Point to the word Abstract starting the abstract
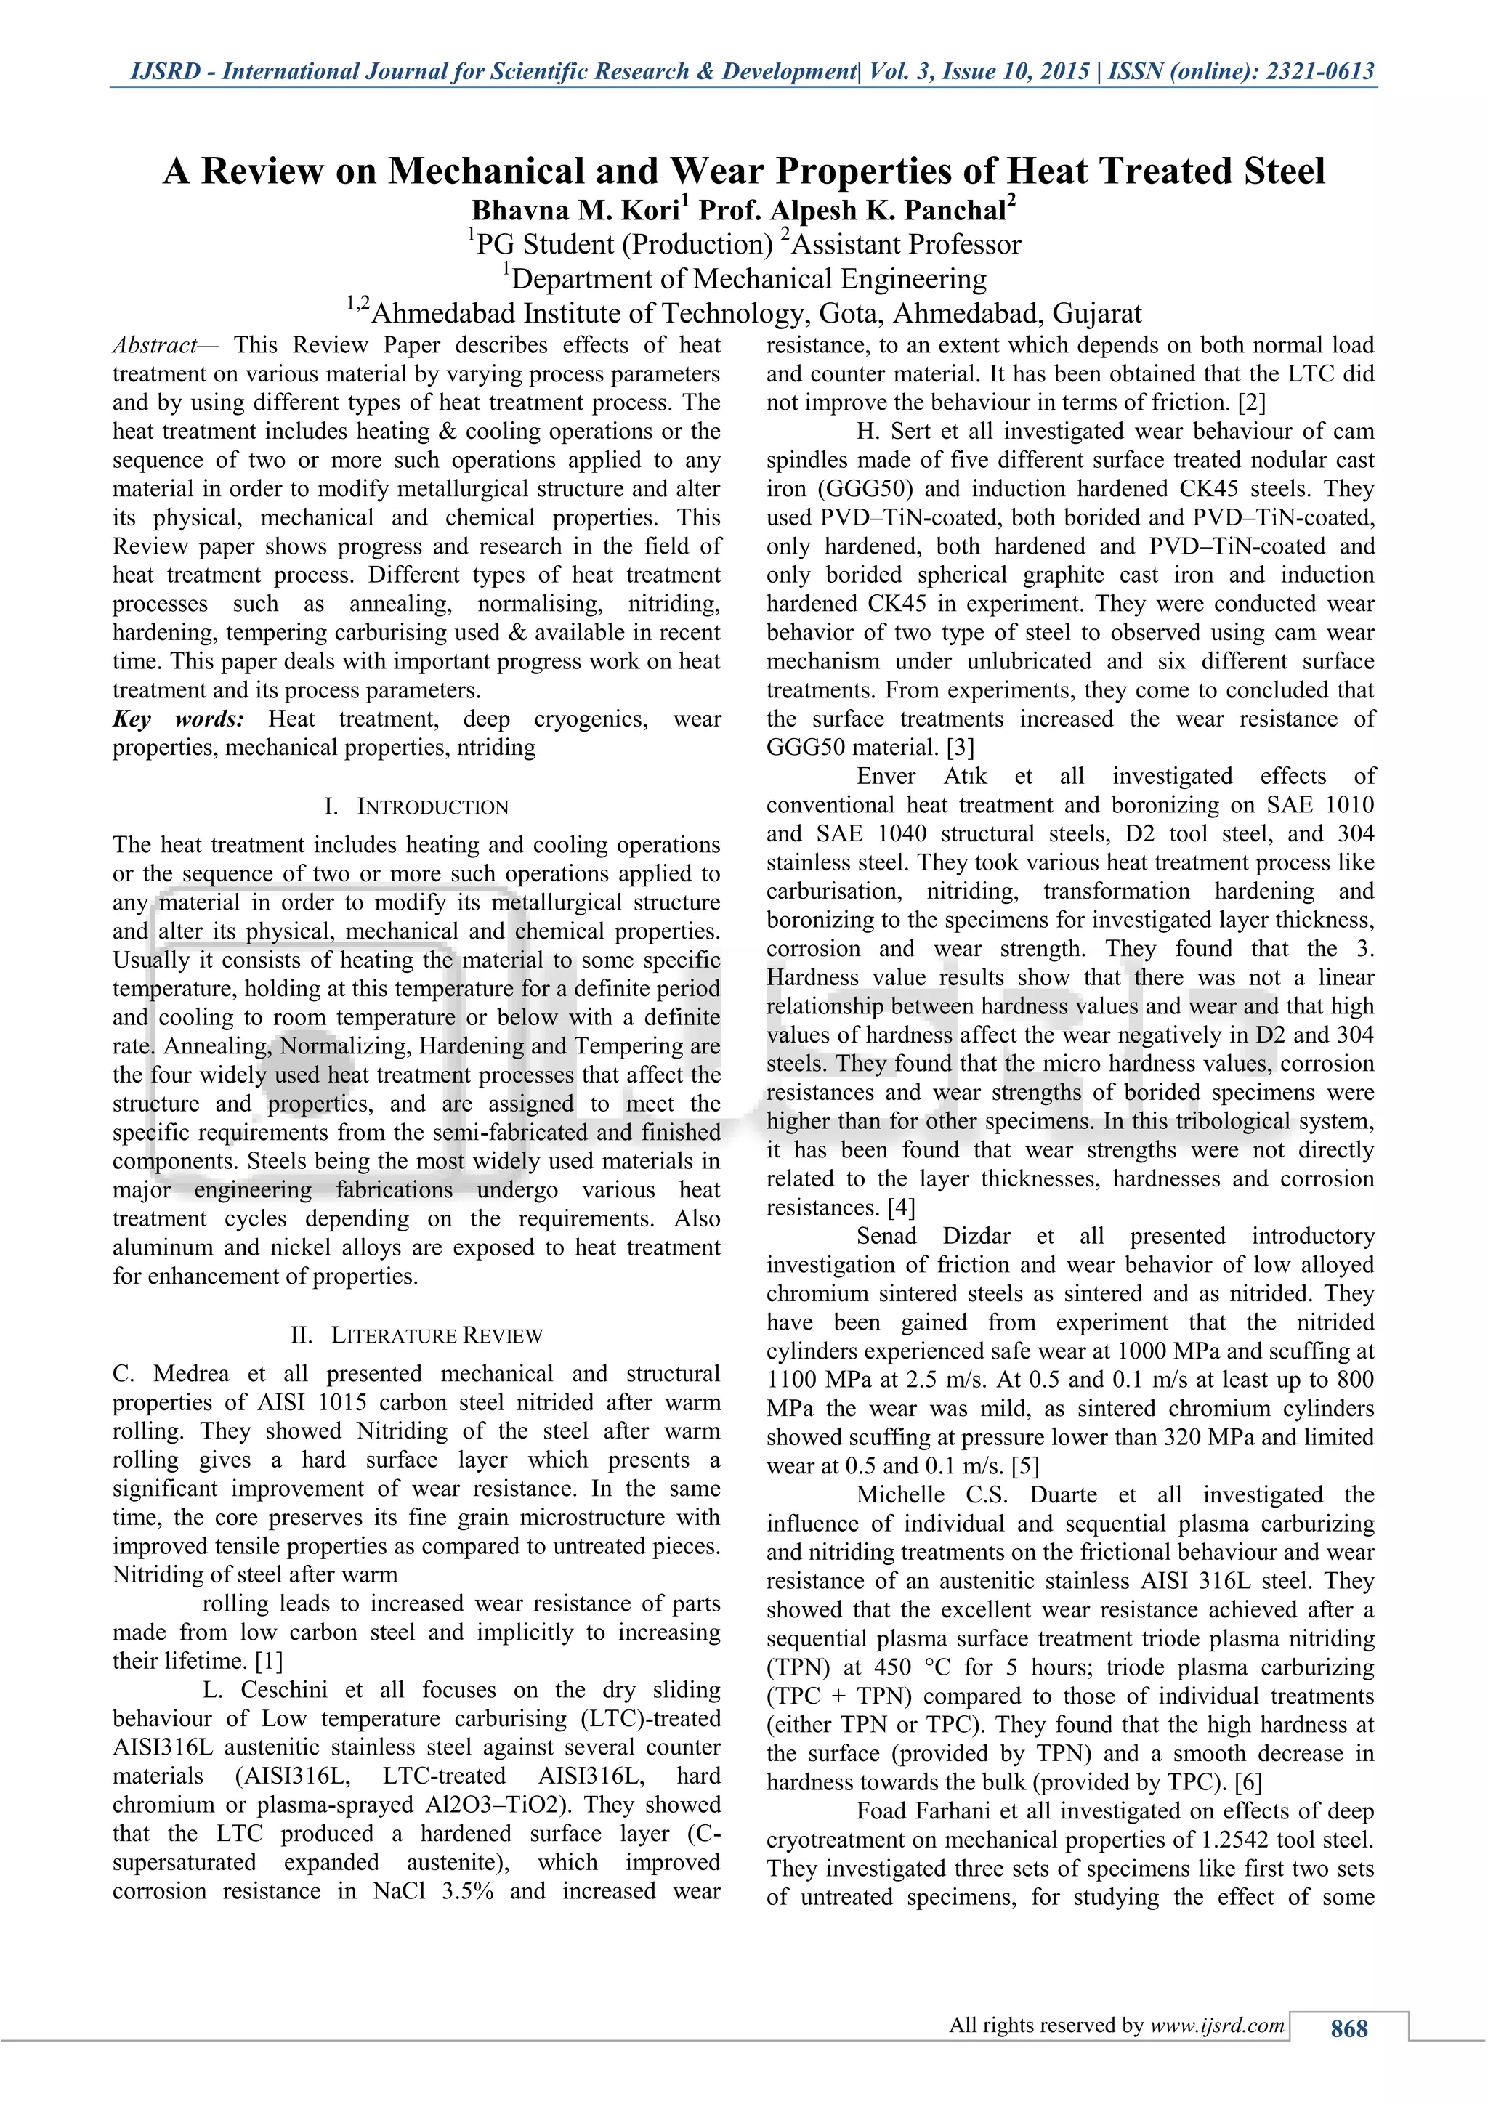pyautogui.click(x=154, y=346)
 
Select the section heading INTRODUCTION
pyautogui.click(x=432, y=807)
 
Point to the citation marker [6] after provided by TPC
pyautogui.click(x=1248, y=1782)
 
